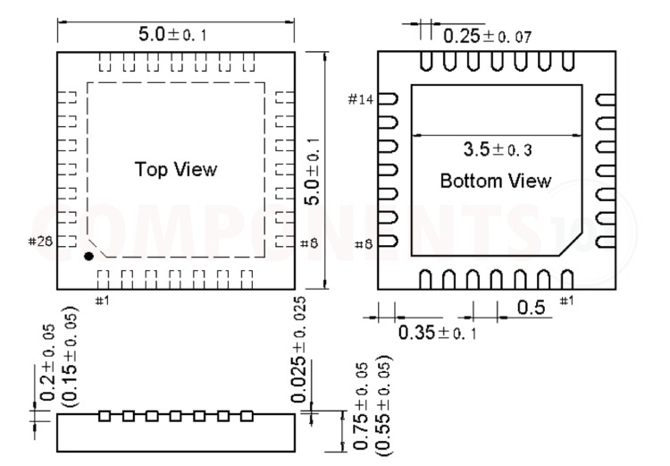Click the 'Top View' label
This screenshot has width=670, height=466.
click(x=176, y=169)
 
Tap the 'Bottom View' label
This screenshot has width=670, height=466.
click(x=496, y=181)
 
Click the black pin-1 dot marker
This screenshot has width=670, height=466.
click(x=88, y=257)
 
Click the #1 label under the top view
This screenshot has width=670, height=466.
click(x=102, y=299)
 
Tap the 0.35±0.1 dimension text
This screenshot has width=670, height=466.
click(x=439, y=333)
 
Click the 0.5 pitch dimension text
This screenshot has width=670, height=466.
click(x=531, y=309)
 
